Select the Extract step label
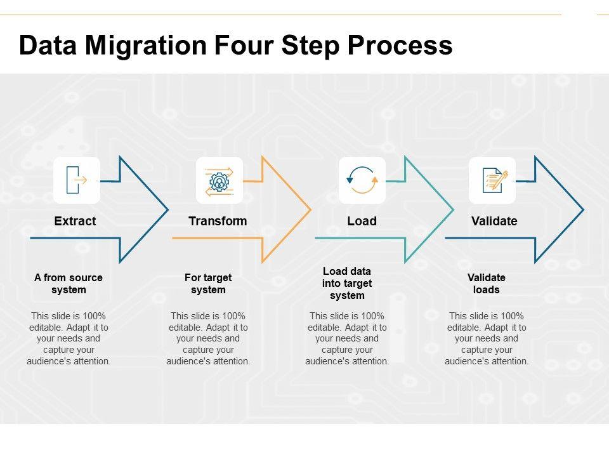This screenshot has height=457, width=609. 75,221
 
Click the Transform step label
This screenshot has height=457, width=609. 218,221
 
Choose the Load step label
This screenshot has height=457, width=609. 362,221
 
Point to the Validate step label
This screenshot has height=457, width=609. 494,221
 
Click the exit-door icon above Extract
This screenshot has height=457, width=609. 76,180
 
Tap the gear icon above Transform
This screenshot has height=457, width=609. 219,180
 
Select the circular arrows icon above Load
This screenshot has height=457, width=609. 362,180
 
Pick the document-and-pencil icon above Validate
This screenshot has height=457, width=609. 492,180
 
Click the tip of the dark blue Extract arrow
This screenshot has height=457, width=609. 167,209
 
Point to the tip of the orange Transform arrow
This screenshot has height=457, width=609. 310,209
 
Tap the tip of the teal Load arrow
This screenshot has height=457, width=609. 453,209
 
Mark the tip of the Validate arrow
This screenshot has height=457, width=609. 583,209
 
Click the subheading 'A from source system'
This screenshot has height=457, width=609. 69,284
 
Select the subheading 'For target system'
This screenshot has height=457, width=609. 208,284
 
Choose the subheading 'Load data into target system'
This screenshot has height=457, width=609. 347,283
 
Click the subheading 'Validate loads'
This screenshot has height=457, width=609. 487,284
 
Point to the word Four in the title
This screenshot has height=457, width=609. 258,46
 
